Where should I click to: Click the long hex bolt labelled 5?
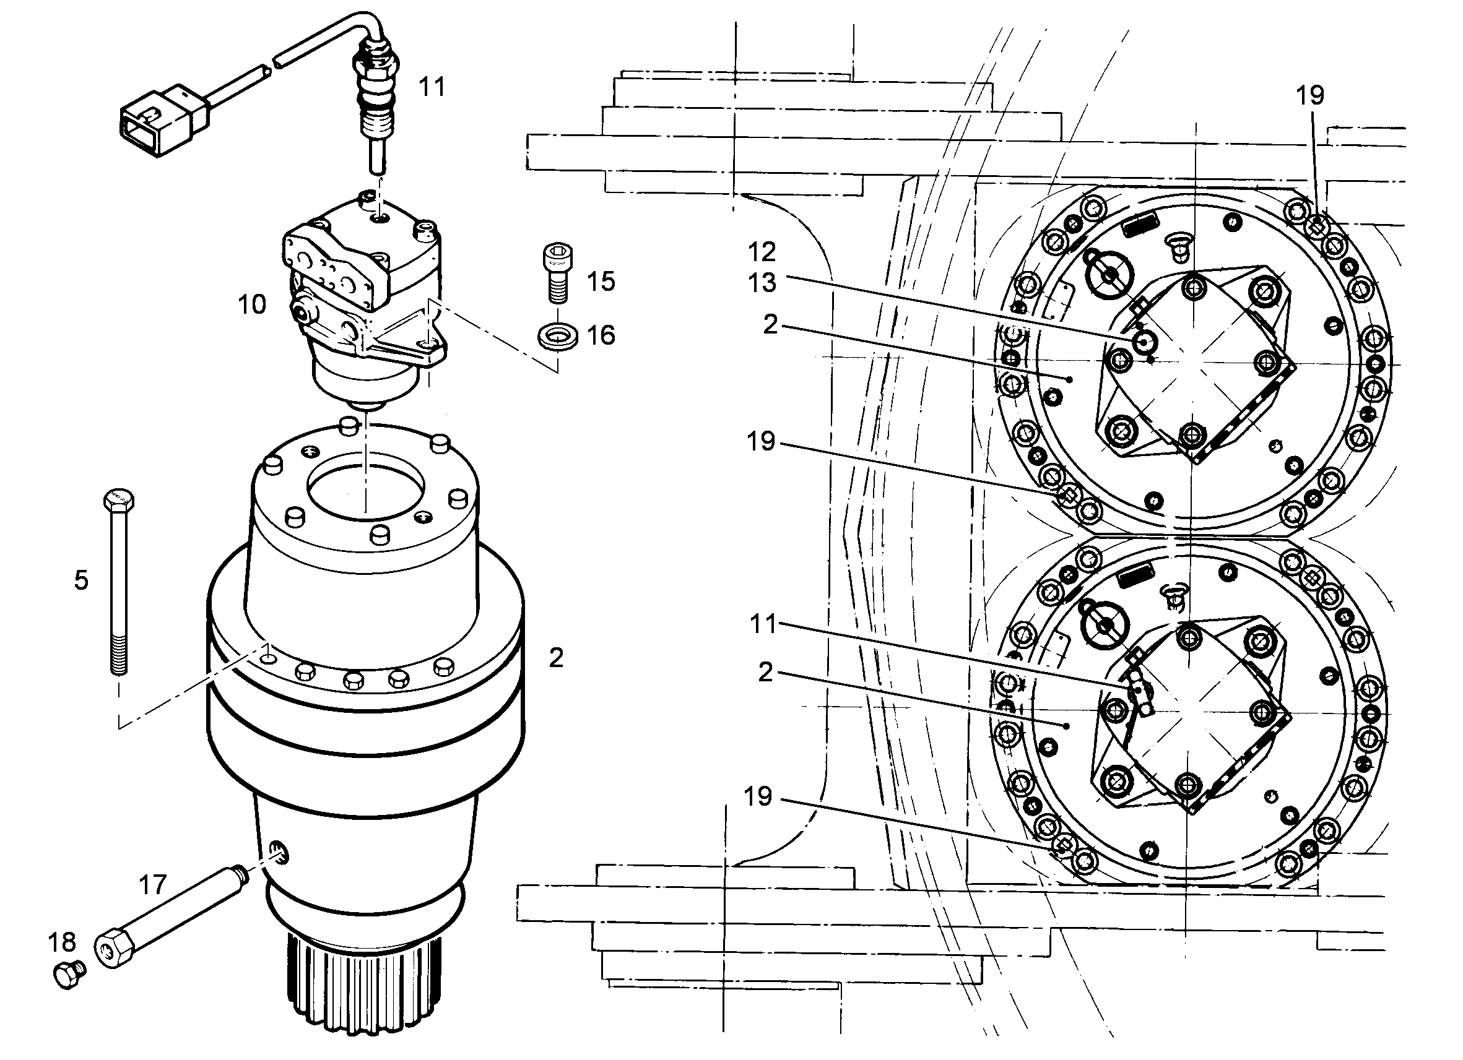[119, 582]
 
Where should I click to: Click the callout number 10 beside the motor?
[251, 304]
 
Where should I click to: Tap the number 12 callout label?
[762, 251]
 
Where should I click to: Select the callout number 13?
[762, 282]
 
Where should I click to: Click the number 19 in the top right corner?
[1310, 95]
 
